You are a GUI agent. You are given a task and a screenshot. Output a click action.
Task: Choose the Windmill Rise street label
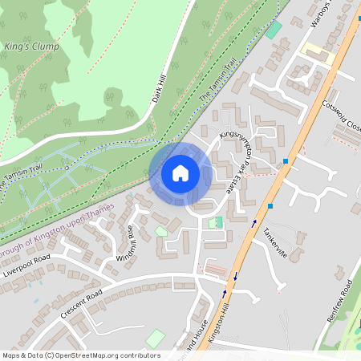(128, 242)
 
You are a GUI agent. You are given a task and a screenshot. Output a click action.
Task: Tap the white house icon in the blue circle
(180, 172)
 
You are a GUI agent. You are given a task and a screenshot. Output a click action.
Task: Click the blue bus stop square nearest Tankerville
(270, 206)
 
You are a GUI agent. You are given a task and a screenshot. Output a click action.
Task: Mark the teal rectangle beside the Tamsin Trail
(275, 30)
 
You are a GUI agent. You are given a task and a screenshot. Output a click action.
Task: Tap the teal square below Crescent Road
(156, 339)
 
